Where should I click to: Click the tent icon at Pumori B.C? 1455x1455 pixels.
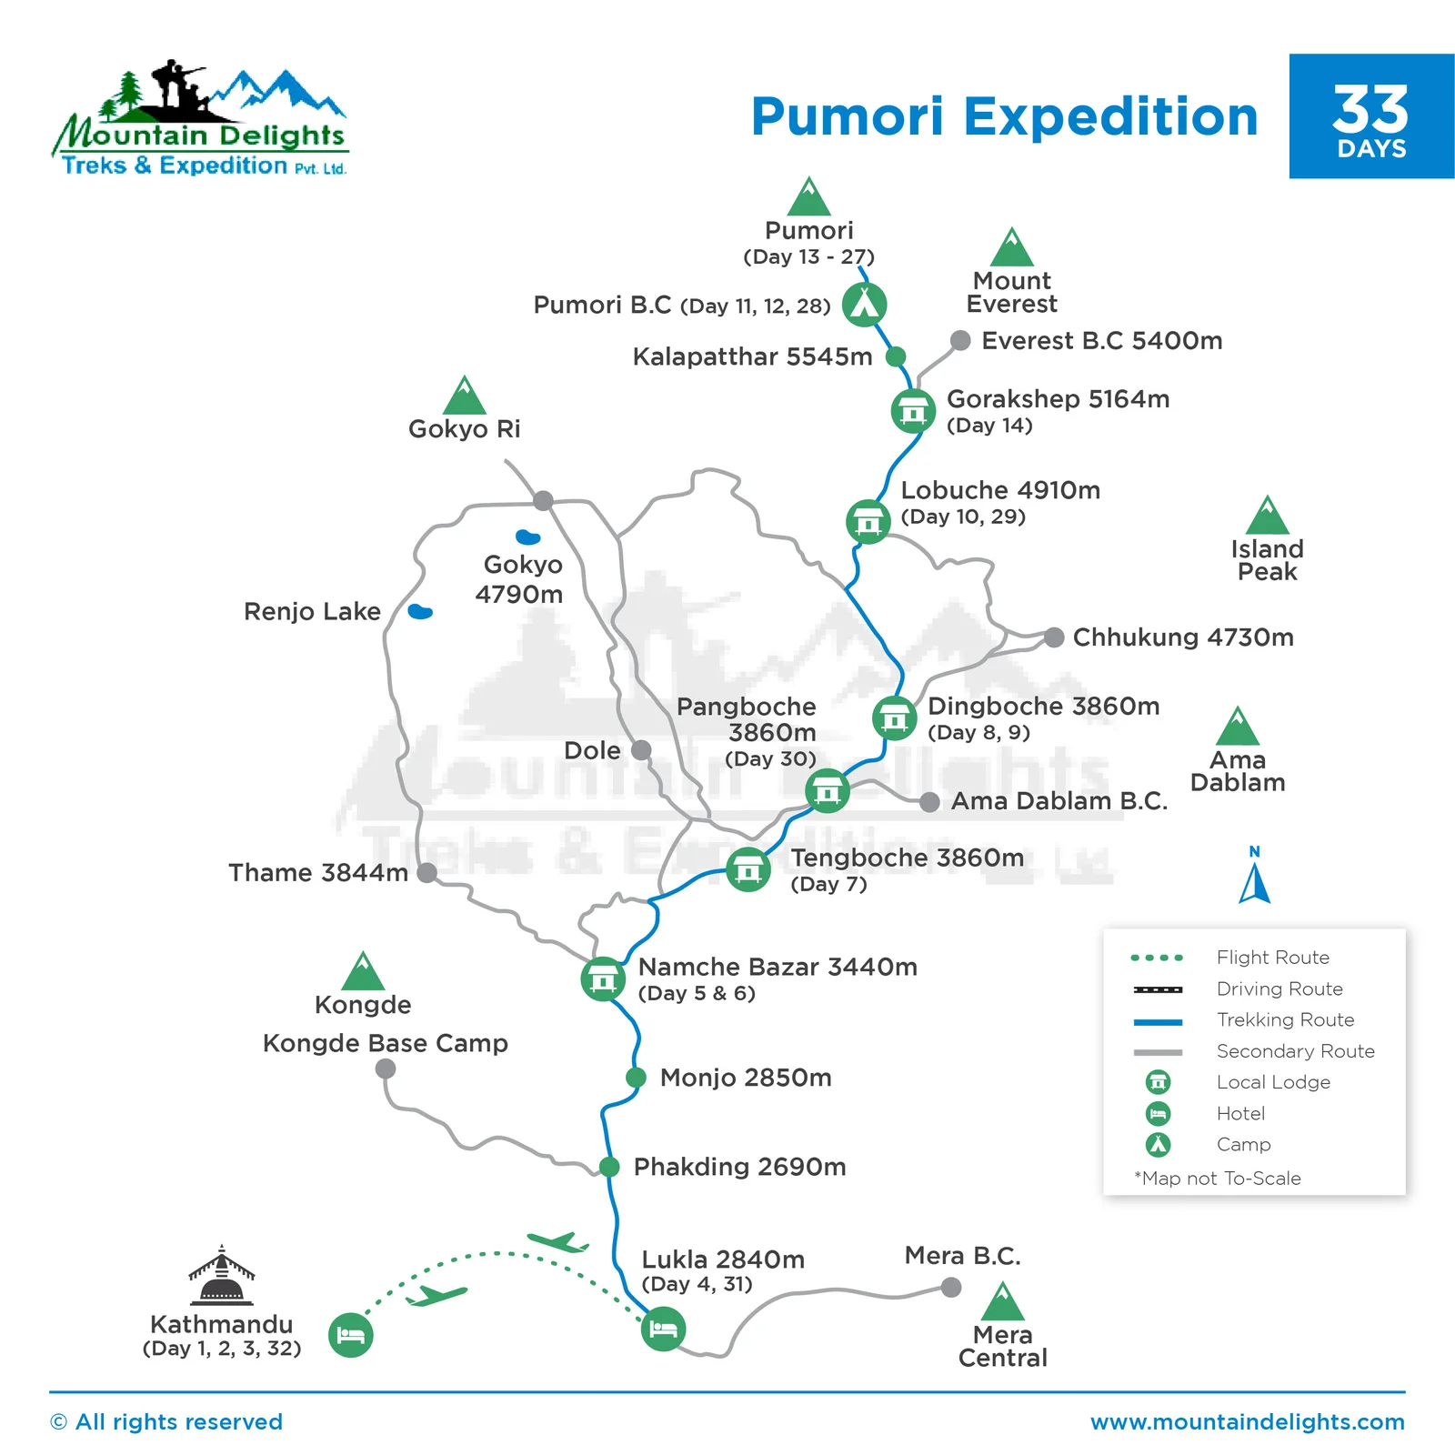point(864,304)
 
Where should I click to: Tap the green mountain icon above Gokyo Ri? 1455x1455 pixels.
point(465,396)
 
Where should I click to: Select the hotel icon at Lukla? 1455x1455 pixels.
point(663,1330)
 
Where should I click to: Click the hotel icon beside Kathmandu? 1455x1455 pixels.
point(350,1335)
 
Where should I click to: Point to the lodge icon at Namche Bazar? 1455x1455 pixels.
point(603,978)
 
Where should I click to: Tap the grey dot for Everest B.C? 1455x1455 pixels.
point(960,340)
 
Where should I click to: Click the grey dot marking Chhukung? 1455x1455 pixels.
point(1054,637)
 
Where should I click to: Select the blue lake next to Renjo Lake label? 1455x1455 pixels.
point(420,611)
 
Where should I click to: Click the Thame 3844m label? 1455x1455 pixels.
point(318,873)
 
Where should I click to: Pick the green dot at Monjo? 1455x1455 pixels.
point(636,1078)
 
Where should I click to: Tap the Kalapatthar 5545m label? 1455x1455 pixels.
point(752,356)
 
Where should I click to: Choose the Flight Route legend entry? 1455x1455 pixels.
point(1272,958)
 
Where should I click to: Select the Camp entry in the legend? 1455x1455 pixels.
point(1243,1145)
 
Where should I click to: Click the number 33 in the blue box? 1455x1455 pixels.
point(1370,109)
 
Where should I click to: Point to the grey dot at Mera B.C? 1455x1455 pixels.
point(951,1287)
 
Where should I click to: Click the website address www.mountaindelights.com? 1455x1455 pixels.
point(1248,1422)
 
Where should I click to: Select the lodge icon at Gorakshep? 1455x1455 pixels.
point(913,410)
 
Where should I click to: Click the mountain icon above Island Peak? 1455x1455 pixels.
point(1268,517)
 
